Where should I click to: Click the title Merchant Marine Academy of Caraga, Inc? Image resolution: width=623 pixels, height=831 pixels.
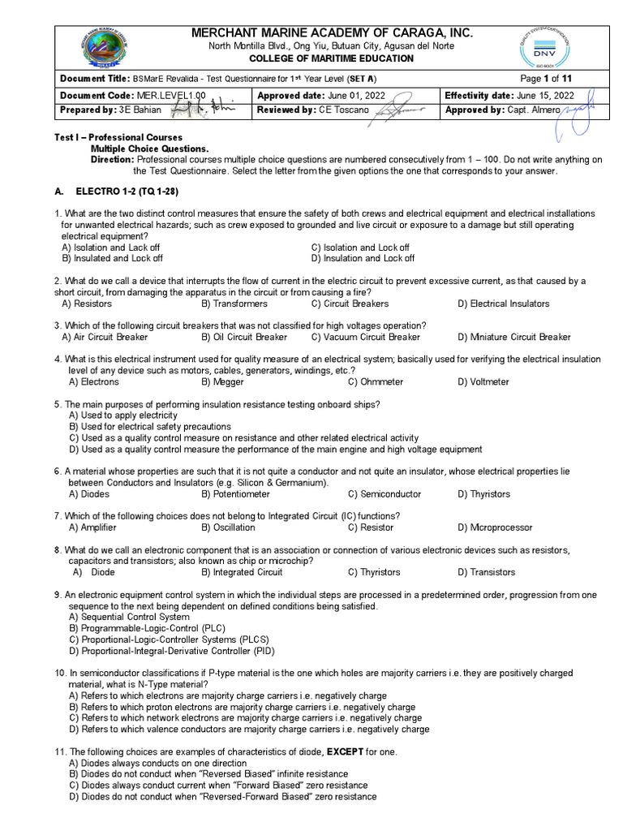point(330,32)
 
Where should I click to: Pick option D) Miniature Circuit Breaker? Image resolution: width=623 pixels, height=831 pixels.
point(513,337)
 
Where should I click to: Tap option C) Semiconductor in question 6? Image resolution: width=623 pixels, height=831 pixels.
point(385,493)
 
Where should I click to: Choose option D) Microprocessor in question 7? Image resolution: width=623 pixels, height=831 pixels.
point(495,527)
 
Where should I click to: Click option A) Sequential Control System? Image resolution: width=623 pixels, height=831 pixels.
point(129,617)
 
